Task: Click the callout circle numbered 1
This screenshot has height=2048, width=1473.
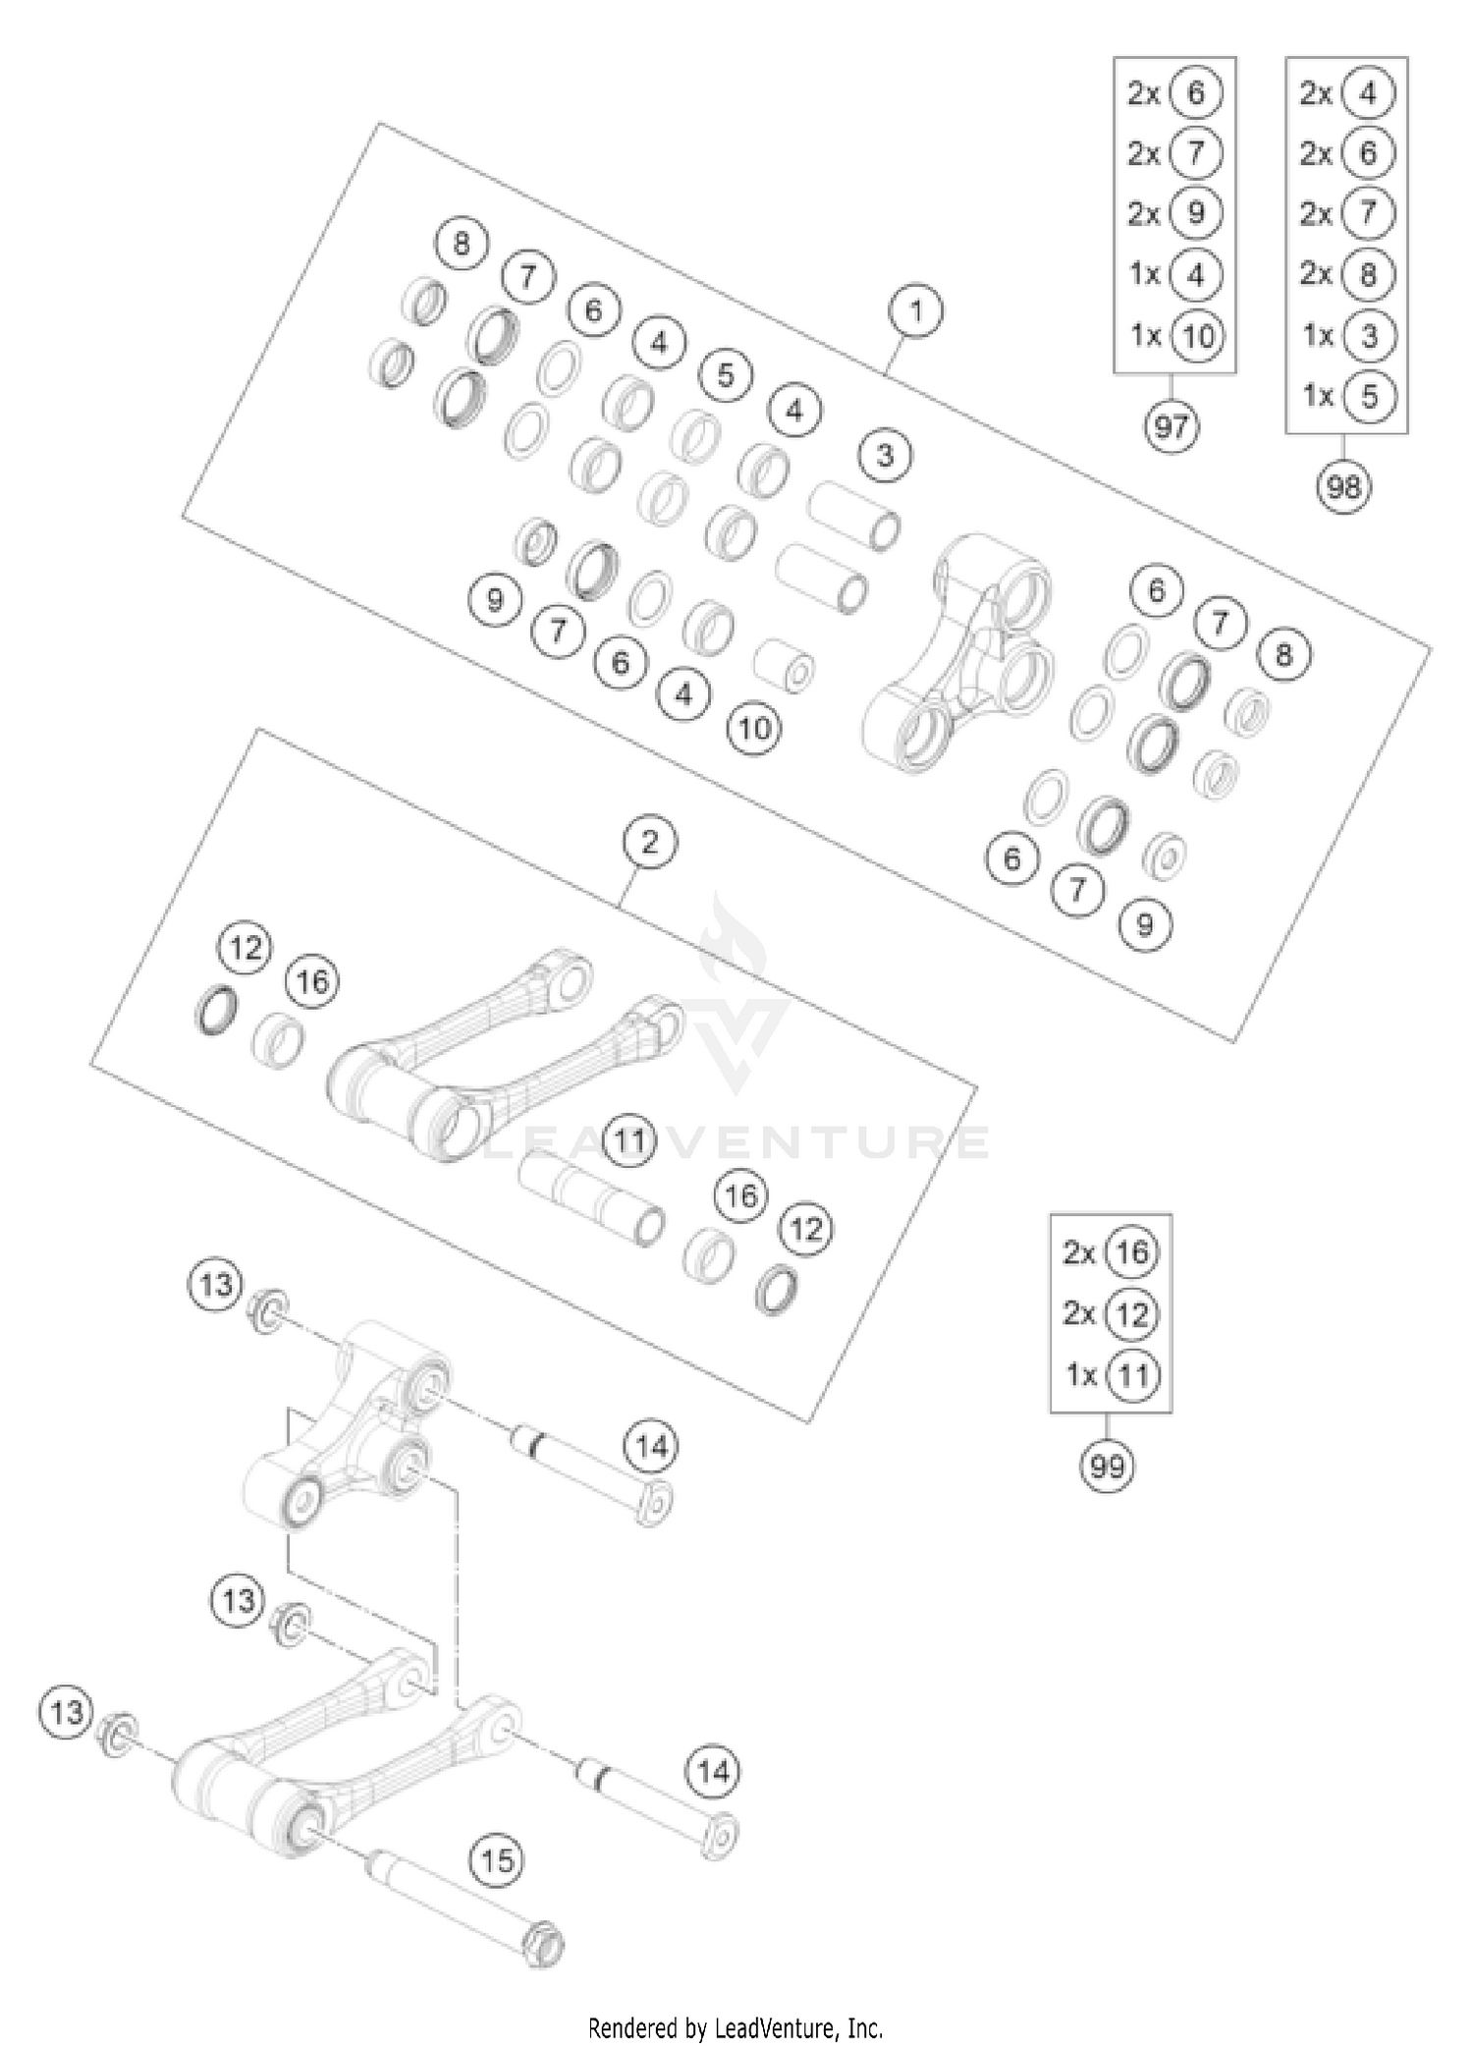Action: coord(915,312)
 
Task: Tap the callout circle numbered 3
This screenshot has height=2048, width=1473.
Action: coord(885,456)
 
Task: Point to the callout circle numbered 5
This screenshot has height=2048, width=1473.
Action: coord(726,375)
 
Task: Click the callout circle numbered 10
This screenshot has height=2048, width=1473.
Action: coord(754,728)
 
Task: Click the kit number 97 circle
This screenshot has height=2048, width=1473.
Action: coord(1171,426)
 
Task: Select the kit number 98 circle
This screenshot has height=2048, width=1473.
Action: coord(1343,486)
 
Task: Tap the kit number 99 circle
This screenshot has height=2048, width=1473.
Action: coord(1107,1467)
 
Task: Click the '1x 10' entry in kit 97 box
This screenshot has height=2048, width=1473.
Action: coord(1174,336)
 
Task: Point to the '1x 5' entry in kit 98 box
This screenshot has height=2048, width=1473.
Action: coord(1347,396)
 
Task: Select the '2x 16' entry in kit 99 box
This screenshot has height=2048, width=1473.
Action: coord(1111,1252)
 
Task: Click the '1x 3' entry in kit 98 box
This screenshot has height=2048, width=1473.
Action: coord(1347,336)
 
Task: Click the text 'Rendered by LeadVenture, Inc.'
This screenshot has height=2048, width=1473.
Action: coord(736,2026)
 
